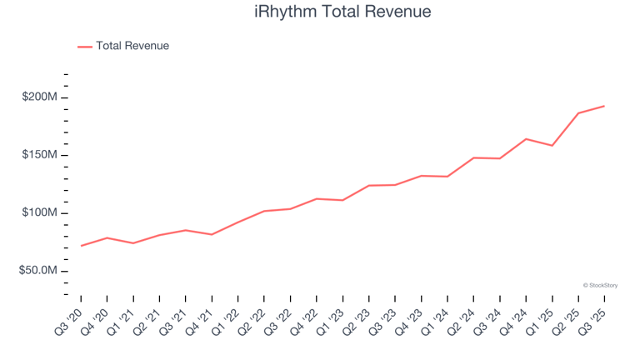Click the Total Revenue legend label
point(132,46)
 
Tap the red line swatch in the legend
point(85,47)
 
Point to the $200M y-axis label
point(40,97)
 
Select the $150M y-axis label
point(40,156)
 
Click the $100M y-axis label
point(40,213)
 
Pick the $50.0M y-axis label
point(38,272)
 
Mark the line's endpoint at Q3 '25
point(604,106)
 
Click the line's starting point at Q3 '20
point(81,246)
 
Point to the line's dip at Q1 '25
point(552,146)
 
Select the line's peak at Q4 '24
point(526,139)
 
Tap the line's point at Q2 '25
point(578,113)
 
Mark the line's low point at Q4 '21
point(212,234)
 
